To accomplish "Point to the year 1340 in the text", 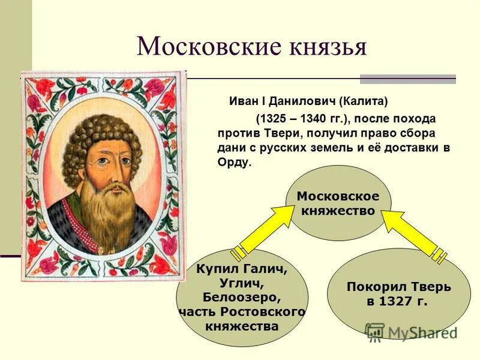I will pos(311,118).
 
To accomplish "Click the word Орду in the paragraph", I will pos(232,163).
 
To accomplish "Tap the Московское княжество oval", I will pos(338,203).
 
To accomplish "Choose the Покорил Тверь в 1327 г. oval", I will pos(398,294).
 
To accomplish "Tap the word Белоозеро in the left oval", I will pos(242,298).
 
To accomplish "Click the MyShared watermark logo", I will pos(412,332).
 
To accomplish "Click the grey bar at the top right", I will pos(407,79).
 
